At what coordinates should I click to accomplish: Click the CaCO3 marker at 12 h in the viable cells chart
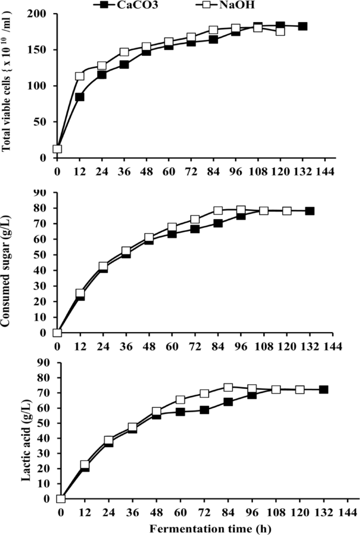click(80, 97)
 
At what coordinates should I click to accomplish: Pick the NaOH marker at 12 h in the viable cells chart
click(80, 76)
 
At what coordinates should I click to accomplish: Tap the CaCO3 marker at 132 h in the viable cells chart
click(303, 26)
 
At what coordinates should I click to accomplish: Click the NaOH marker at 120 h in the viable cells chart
click(280, 31)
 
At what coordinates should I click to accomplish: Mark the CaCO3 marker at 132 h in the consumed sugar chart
click(310, 211)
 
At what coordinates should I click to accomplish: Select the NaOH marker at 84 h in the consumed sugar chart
click(218, 211)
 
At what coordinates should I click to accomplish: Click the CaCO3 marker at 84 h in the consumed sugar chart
click(218, 223)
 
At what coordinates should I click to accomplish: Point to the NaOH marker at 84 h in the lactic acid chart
click(228, 387)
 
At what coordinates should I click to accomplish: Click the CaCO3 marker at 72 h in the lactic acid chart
click(204, 410)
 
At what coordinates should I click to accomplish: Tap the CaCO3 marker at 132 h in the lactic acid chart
click(324, 389)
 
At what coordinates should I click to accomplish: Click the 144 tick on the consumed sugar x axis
click(334, 347)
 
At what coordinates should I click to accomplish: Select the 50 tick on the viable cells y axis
click(43, 122)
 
